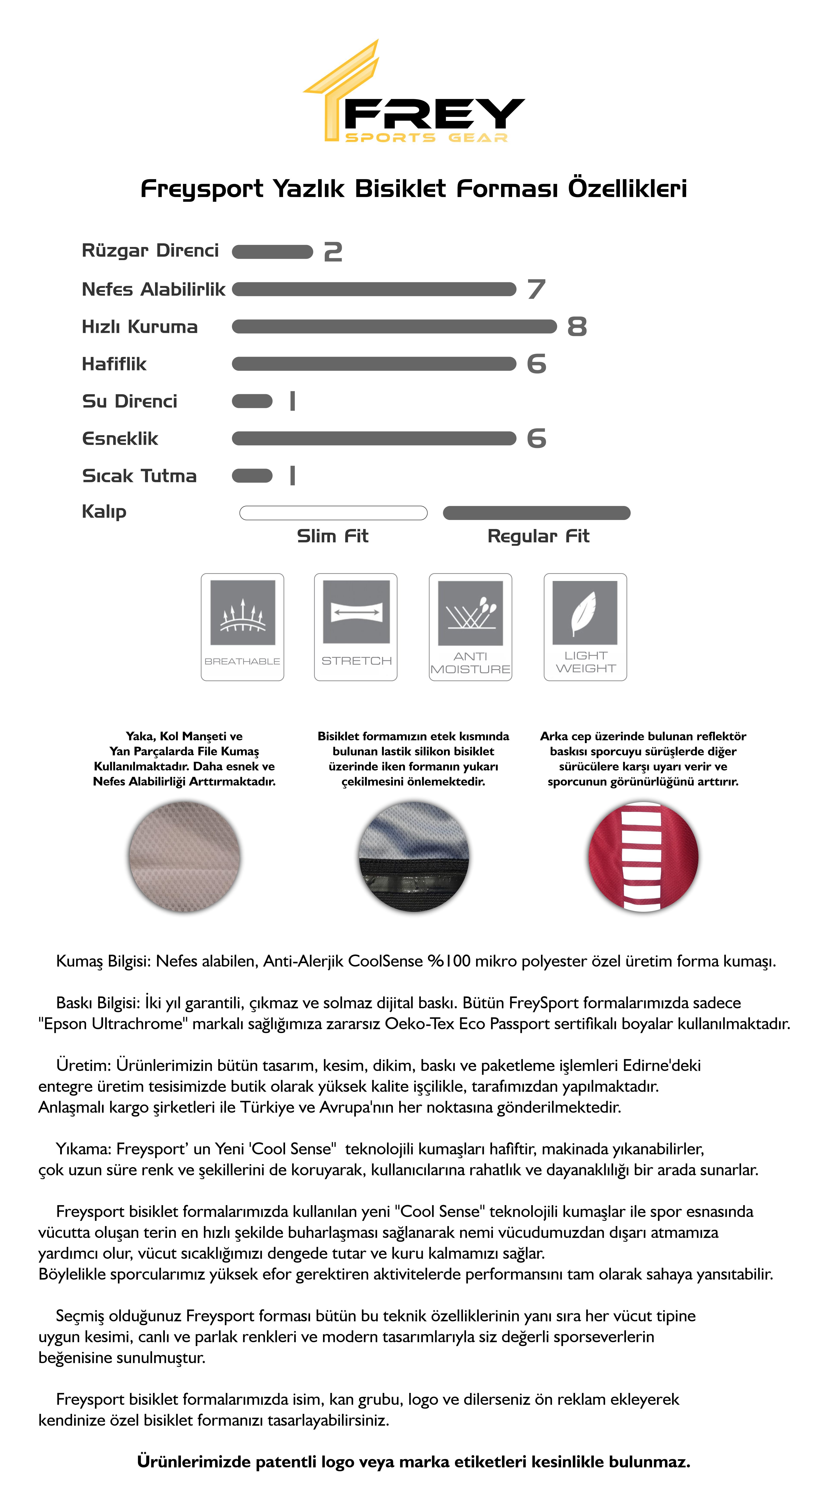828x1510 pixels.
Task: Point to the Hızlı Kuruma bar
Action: click(394, 326)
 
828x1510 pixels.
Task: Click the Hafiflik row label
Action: click(114, 364)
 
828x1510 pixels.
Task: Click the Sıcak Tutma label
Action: click(140, 476)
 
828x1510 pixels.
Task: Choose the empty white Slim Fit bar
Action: click(333, 513)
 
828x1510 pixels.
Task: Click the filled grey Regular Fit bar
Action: click(536, 513)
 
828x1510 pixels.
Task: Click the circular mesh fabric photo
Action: click(185, 856)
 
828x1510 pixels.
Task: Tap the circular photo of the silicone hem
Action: click(414, 856)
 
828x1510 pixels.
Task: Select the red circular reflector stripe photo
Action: click(643, 856)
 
